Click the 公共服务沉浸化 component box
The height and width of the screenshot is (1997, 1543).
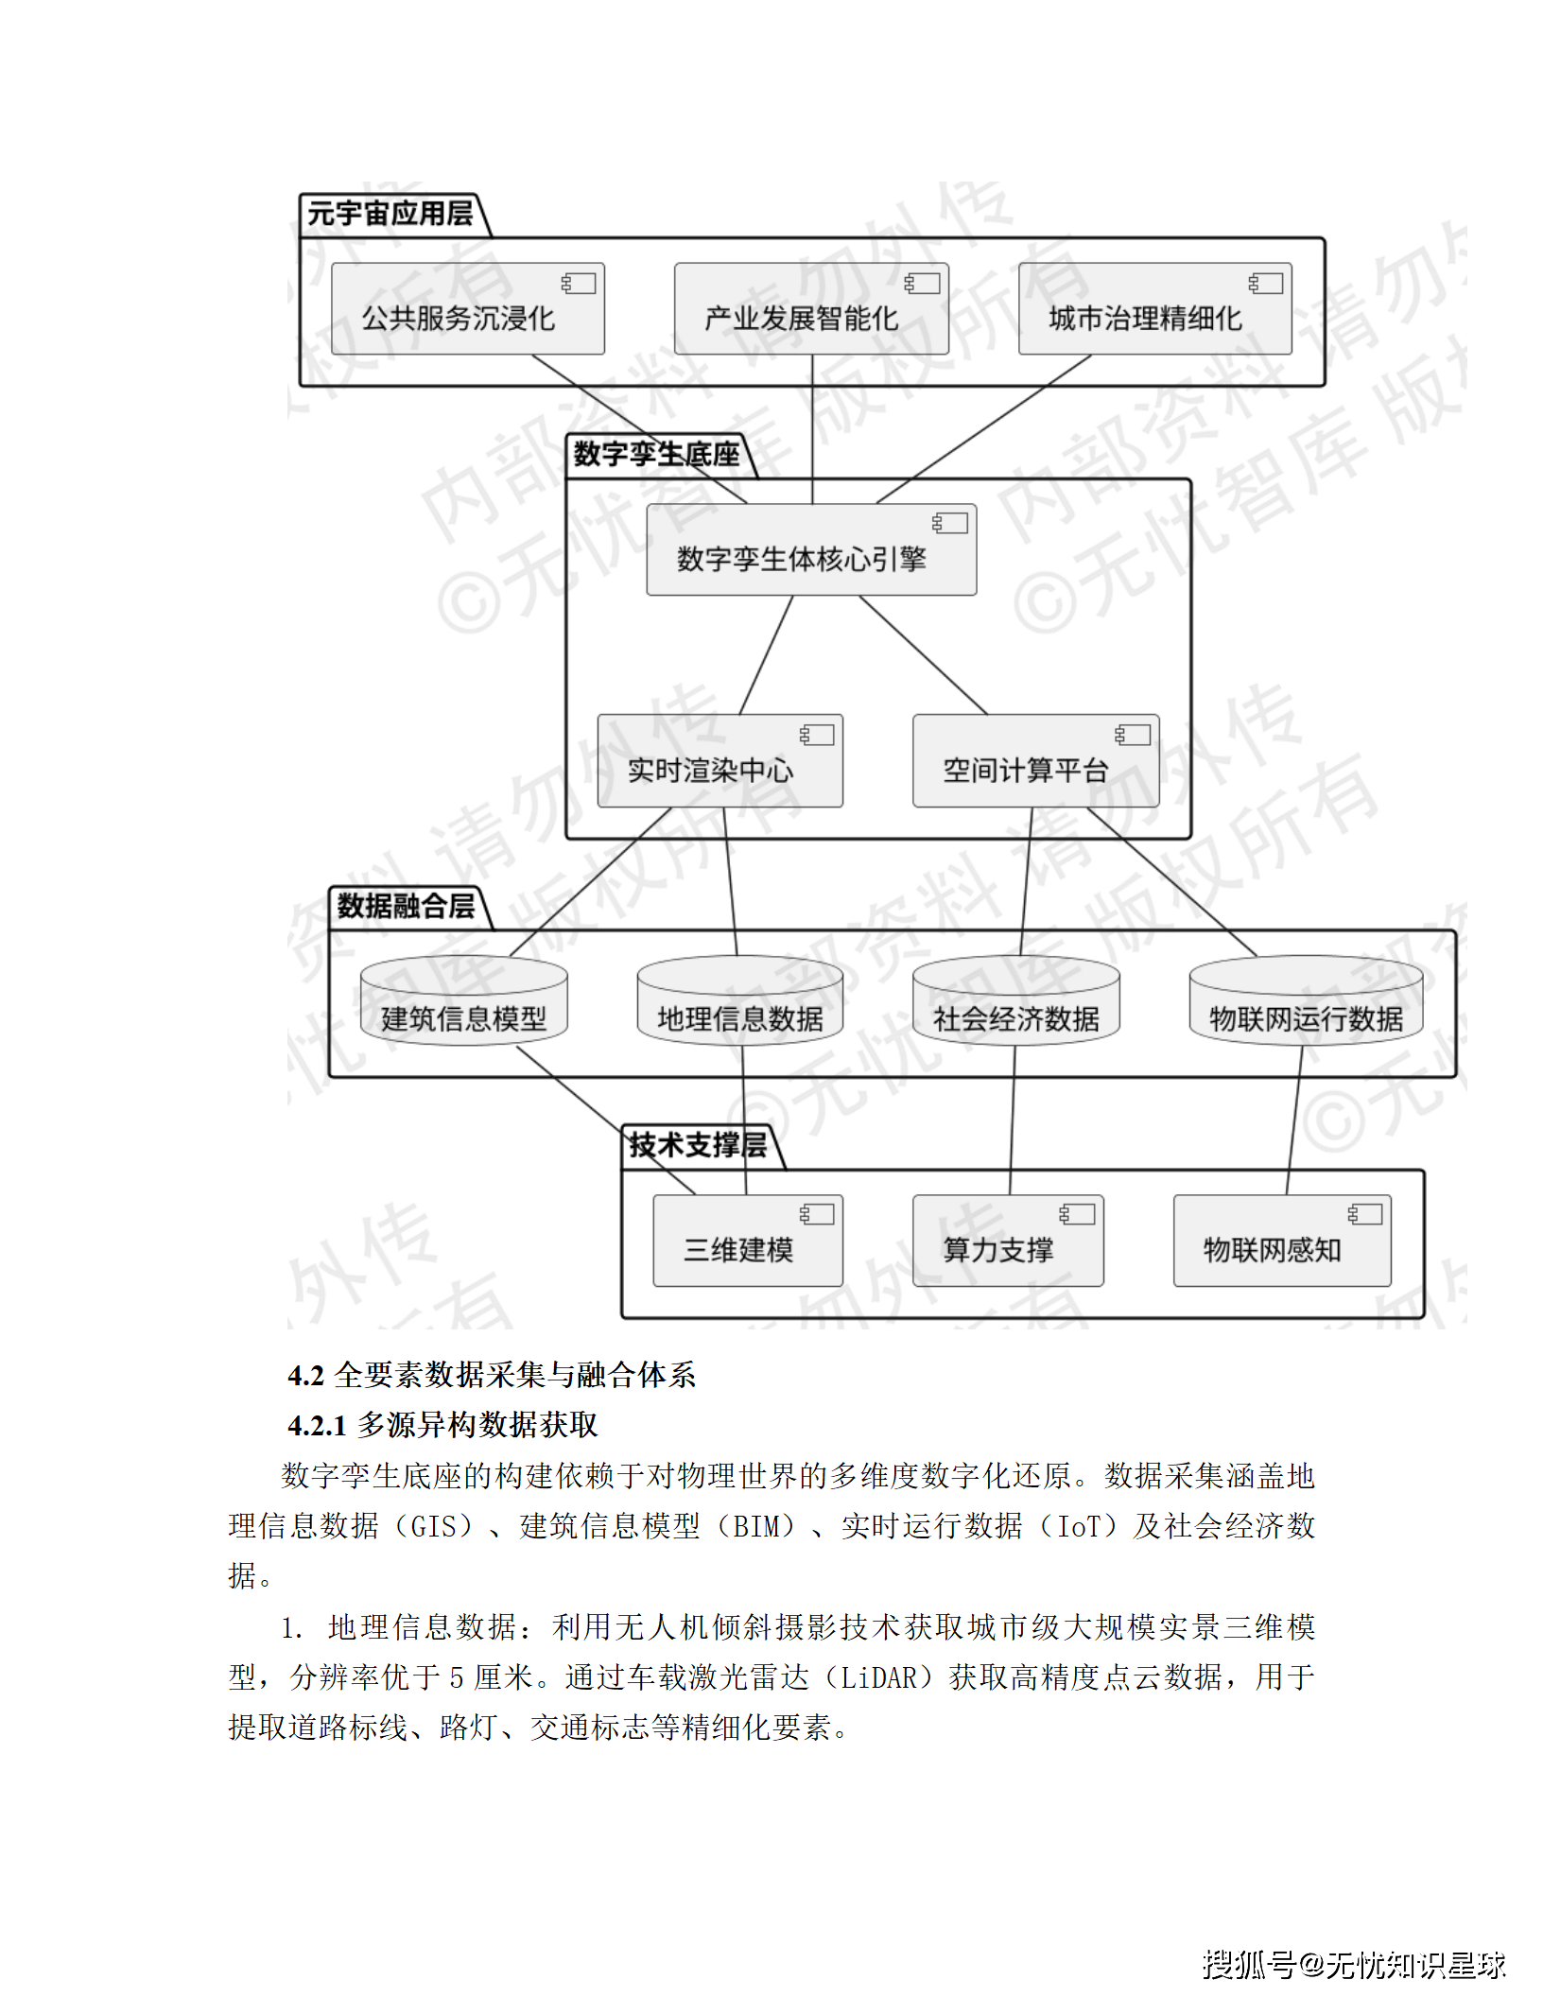pos(468,309)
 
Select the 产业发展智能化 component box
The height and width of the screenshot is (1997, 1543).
pos(811,309)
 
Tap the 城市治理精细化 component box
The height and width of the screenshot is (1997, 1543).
pos(1154,309)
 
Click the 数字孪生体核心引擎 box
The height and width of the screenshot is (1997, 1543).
pos(811,550)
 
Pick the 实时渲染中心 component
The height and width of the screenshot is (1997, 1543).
pos(719,761)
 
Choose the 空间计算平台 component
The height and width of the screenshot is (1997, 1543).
pos(1035,761)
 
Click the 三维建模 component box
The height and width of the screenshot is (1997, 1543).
pos(747,1242)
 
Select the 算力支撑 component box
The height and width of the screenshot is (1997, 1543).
pos(1008,1242)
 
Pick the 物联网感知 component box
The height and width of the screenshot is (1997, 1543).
pos(1282,1242)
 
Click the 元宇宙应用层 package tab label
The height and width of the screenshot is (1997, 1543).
pos(390,214)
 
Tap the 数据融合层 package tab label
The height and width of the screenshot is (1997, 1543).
pos(406,906)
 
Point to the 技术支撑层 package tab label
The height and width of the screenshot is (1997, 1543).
pos(698,1145)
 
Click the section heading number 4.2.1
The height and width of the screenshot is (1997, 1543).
pos(317,1425)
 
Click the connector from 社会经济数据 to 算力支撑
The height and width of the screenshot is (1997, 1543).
pos(1013,1120)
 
